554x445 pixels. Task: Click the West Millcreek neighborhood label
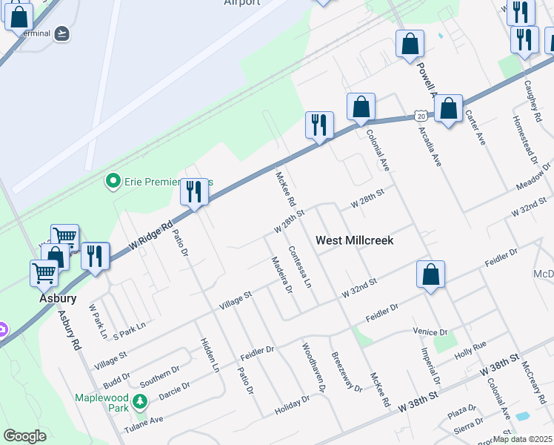coord(354,240)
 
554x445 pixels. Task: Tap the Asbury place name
coord(58,298)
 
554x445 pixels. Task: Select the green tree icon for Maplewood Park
coord(141,402)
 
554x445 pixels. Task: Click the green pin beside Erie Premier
coord(113,180)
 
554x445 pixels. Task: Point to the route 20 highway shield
coord(421,116)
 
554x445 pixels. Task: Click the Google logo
coord(24,436)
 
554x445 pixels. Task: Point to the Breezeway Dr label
coord(346,372)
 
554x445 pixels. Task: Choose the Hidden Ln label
coord(210,355)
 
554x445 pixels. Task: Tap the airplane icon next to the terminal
coord(61,34)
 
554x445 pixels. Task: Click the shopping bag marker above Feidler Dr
coord(430,276)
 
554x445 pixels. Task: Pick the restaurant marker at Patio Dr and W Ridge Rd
coord(194,193)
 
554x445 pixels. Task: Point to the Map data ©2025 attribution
coord(523,439)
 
